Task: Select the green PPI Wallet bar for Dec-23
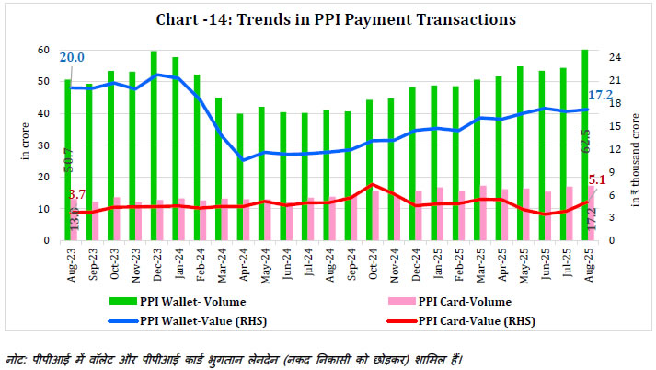(154, 147)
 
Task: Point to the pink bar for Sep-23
(96, 221)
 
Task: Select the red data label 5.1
(598, 181)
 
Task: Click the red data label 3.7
(76, 195)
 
